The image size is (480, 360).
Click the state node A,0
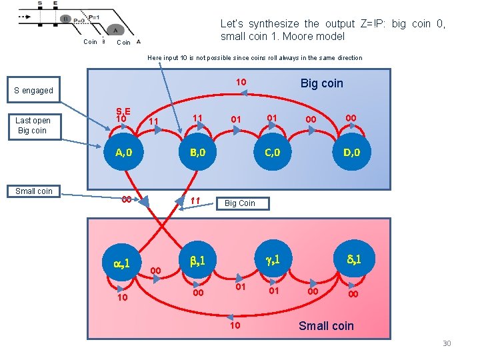click(x=123, y=153)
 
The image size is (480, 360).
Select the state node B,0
click(x=197, y=153)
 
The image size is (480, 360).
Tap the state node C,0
click(x=273, y=153)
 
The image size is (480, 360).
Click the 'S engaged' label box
click(x=34, y=90)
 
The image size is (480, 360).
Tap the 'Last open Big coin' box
click(x=33, y=125)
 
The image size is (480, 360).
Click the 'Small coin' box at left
click(x=34, y=191)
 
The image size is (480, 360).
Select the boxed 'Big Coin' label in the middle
click(x=239, y=203)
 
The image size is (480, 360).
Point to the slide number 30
click(x=447, y=343)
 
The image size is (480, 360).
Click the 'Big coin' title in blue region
click(x=321, y=83)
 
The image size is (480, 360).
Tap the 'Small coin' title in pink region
click(x=326, y=326)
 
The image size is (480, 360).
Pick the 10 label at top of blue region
click(x=241, y=83)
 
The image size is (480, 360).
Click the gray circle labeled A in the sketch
click(x=115, y=29)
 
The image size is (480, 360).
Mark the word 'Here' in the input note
click(x=155, y=58)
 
